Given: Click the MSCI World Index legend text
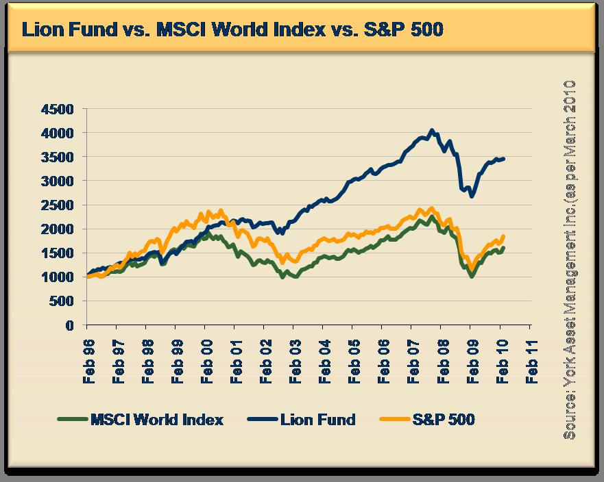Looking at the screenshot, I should [157, 420].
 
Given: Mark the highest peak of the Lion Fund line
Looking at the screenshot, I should [431, 130].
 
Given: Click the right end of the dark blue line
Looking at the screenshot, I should [504, 158].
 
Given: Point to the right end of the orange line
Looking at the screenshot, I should [504, 236].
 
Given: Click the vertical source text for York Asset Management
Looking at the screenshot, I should [568, 260].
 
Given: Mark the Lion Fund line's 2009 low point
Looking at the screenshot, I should [472, 196].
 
